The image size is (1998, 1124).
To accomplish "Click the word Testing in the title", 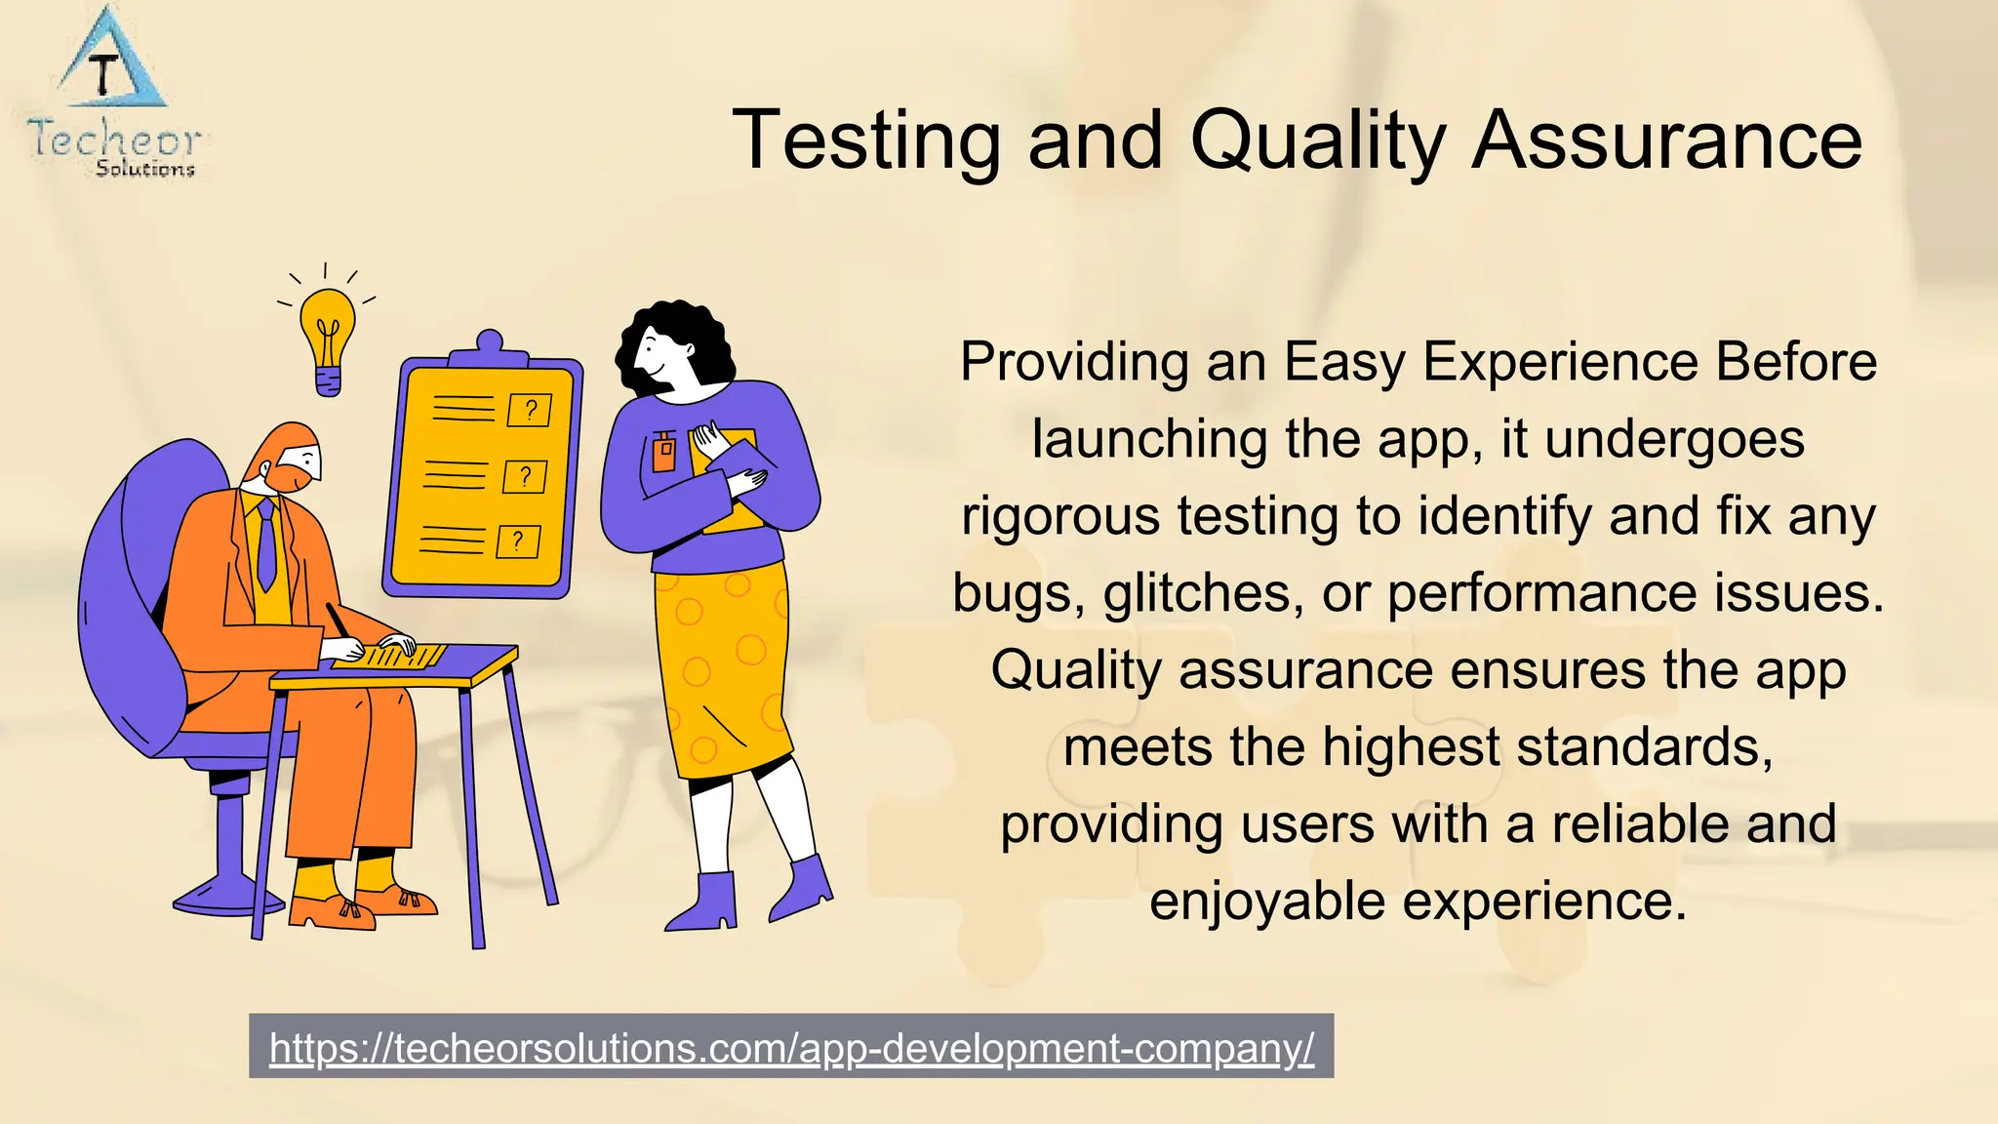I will [x=866, y=141].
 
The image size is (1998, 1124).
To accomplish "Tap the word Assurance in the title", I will [x=1666, y=141].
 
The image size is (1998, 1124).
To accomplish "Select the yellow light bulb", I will [x=328, y=337].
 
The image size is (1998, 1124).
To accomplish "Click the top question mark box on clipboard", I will [x=529, y=410].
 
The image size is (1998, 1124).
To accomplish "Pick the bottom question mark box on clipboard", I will [x=517, y=542].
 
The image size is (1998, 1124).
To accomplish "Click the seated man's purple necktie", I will [x=265, y=545].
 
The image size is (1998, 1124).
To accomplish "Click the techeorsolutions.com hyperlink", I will [x=791, y=1048].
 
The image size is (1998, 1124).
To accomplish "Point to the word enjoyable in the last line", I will [x=1266, y=901].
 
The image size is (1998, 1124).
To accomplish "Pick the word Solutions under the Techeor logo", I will [x=145, y=169].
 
